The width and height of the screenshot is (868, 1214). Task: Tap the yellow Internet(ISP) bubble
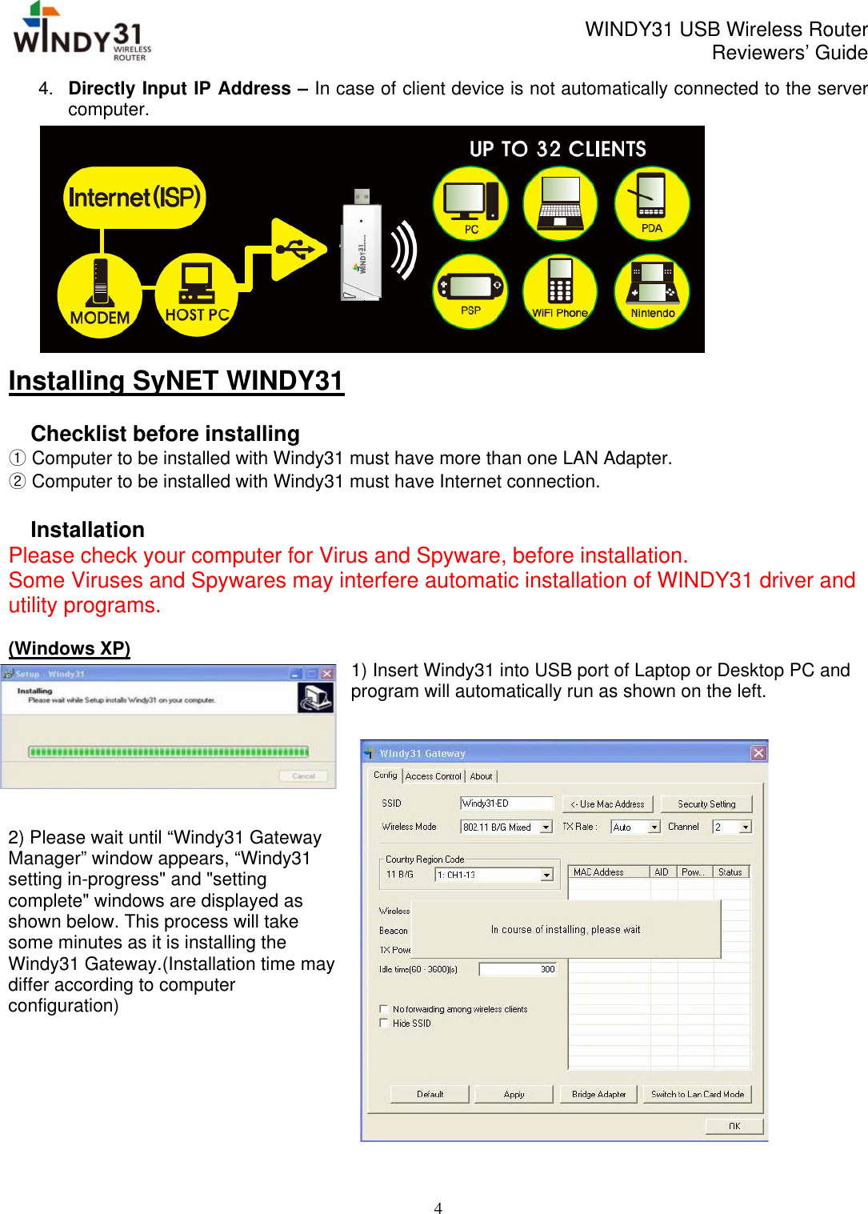pyautogui.click(x=134, y=197)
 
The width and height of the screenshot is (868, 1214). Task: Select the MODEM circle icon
pyautogui.click(x=100, y=294)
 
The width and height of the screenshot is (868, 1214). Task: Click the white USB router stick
pyautogui.click(x=362, y=248)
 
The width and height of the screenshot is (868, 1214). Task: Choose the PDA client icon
pyautogui.click(x=651, y=203)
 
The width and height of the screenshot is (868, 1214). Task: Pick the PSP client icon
pyautogui.click(x=470, y=290)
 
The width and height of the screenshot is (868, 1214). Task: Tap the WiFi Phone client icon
pyautogui.click(x=560, y=290)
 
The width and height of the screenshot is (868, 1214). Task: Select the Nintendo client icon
pyautogui.click(x=652, y=290)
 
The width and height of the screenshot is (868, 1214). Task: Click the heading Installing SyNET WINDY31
pyautogui.click(x=176, y=381)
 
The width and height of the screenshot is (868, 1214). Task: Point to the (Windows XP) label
pyautogui.click(x=70, y=648)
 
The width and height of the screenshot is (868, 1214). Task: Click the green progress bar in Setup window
pyautogui.click(x=168, y=752)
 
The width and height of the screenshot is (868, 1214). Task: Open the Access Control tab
pyautogui.click(x=433, y=776)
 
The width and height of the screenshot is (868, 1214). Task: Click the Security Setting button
pyautogui.click(x=706, y=804)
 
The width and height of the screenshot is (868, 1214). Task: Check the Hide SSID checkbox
pyautogui.click(x=384, y=1024)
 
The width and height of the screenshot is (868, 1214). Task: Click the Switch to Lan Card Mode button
pyautogui.click(x=698, y=1094)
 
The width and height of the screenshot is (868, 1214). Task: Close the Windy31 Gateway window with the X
pyautogui.click(x=758, y=753)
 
